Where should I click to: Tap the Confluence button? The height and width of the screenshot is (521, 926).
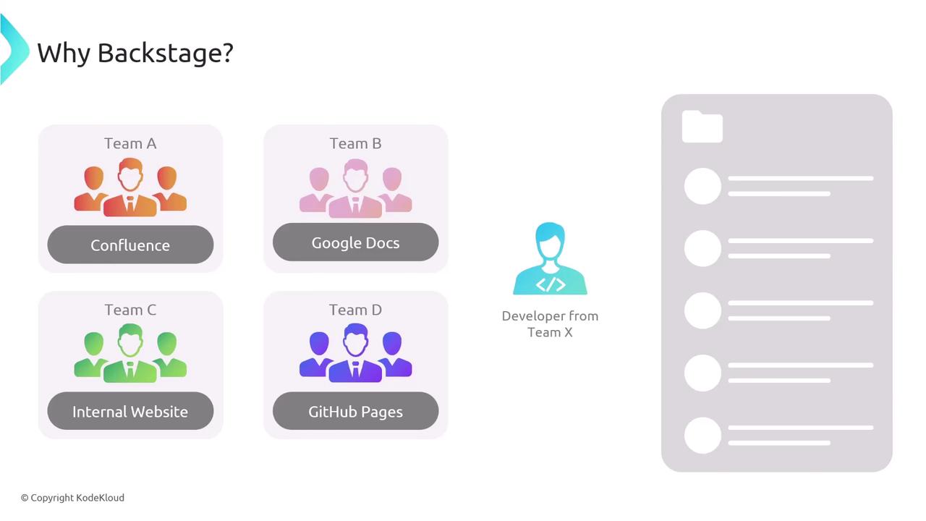tap(131, 245)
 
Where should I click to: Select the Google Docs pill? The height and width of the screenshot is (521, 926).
tap(355, 242)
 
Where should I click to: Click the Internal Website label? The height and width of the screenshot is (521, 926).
tap(130, 412)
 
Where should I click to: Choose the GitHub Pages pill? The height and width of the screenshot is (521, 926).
tap(355, 411)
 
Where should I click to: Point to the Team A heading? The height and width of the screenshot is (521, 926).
tap(130, 143)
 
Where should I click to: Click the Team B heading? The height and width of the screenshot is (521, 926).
tap(355, 143)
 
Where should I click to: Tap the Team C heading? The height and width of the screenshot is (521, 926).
tap(130, 310)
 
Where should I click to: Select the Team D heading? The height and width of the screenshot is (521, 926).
tap(355, 310)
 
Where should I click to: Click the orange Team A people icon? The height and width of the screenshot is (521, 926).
tap(130, 187)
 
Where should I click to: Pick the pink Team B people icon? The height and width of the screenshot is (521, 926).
tap(355, 189)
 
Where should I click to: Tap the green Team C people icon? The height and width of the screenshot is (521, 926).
tap(130, 353)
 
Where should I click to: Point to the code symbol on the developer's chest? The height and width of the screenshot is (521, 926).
tap(551, 284)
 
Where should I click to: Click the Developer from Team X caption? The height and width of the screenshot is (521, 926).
tap(551, 324)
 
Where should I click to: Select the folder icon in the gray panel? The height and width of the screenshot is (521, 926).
tap(702, 127)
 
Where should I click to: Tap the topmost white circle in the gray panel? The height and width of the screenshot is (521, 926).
tap(702, 186)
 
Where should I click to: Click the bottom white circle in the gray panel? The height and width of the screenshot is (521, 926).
tap(702, 436)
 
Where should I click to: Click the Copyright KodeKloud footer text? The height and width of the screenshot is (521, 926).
tap(73, 498)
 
